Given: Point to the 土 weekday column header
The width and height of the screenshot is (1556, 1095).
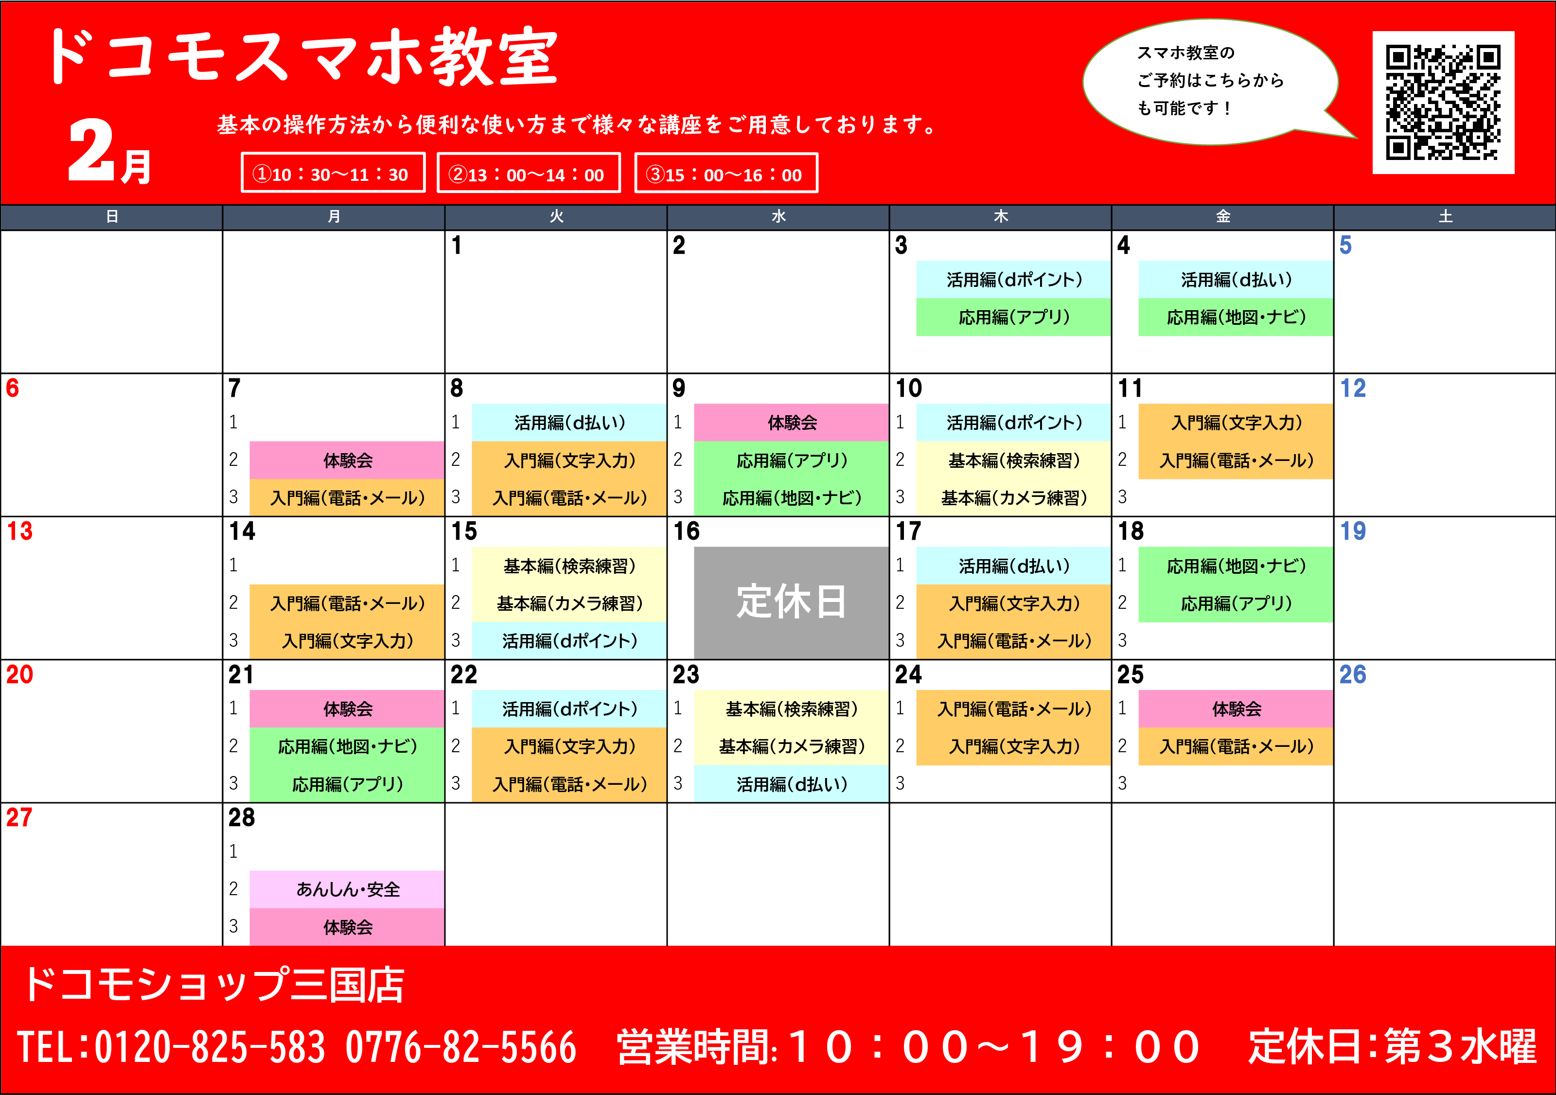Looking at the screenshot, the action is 1445,217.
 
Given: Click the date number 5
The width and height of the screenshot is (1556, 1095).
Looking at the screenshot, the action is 1345,245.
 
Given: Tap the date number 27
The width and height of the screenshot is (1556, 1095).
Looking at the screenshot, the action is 19,817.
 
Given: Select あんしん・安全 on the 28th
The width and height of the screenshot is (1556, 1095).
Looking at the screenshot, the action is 347,889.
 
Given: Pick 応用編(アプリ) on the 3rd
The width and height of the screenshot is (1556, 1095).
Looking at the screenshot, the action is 1013,317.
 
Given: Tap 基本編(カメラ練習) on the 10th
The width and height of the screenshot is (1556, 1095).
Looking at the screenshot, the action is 1013,498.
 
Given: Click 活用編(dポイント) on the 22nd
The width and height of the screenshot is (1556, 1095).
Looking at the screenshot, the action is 569,709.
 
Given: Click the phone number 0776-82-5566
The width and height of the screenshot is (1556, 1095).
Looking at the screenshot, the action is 461,1047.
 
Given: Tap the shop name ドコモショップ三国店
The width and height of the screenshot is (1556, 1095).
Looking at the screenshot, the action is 213,985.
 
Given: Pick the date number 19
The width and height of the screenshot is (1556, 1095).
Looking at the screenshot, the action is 1353,531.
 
